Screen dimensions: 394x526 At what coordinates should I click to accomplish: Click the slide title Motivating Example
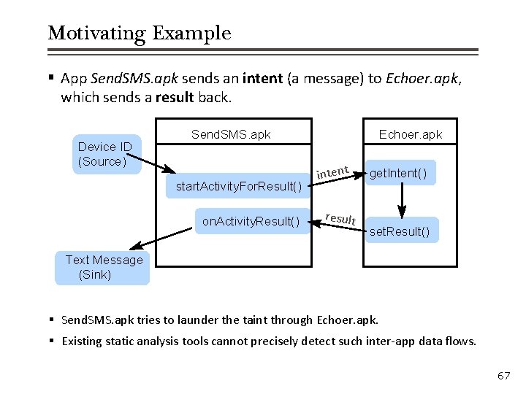(x=139, y=34)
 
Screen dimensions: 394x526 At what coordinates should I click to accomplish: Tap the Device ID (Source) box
(x=104, y=154)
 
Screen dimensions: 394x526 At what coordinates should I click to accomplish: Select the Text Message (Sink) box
(x=103, y=267)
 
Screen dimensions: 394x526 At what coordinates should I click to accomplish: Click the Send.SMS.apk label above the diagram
(x=231, y=134)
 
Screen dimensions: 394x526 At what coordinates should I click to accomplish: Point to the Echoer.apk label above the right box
(x=410, y=134)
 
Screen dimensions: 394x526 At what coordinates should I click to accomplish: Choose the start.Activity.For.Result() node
(x=239, y=187)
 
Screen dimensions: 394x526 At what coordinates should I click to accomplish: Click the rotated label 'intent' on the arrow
(x=332, y=171)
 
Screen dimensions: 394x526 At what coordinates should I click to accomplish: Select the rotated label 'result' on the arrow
(x=340, y=218)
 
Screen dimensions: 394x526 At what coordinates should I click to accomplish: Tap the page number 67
(x=503, y=376)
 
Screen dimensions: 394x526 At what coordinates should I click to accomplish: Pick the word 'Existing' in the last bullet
(x=84, y=341)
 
